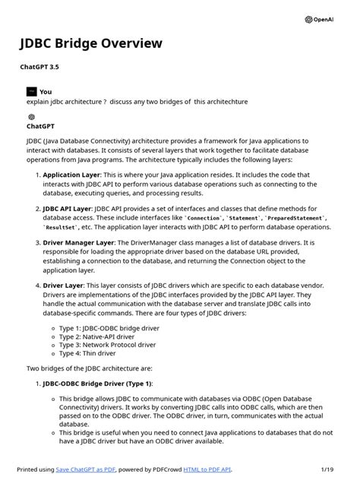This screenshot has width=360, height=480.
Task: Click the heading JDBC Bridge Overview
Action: (x=91, y=43)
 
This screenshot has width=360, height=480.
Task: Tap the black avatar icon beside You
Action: (x=31, y=91)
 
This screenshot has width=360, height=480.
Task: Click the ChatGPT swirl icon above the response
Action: (x=31, y=117)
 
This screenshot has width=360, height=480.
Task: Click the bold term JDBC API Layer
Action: (x=68, y=207)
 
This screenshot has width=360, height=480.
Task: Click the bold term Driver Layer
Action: (x=63, y=286)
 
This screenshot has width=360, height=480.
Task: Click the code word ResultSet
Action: (x=61, y=227)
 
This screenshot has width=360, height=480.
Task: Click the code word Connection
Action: (x=204, y=218)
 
